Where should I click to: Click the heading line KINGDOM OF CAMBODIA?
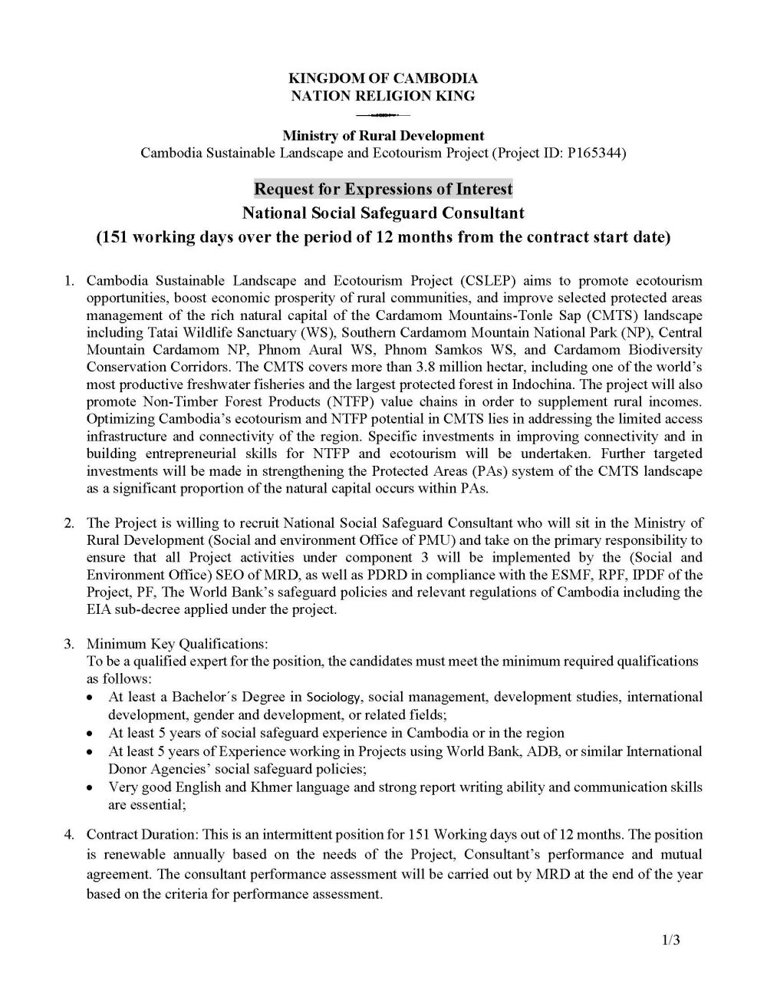(383, 78)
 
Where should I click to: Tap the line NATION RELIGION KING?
(383, 96)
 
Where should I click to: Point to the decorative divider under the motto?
(383, 116)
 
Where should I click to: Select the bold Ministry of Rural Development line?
(383, 136)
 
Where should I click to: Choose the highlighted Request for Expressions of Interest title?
(383, 189)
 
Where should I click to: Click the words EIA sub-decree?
(130, 609)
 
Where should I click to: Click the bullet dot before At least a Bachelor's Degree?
(91, 698)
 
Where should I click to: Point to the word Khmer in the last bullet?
(267, 787)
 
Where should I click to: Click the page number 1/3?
(670, 941)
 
